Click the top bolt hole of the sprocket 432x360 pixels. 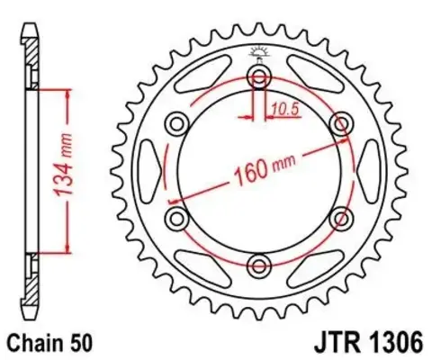pyautogui.click(x=260, y=75)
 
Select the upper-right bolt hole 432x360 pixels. pyautogui.click(x=341, y=122)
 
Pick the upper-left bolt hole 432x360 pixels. pyautogui.click(x=178, y=122)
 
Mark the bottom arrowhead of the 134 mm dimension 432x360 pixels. pyautogui.click(x=64, y=249)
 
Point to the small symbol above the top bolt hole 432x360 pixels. pyautogui.click(x=260, y=51)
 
